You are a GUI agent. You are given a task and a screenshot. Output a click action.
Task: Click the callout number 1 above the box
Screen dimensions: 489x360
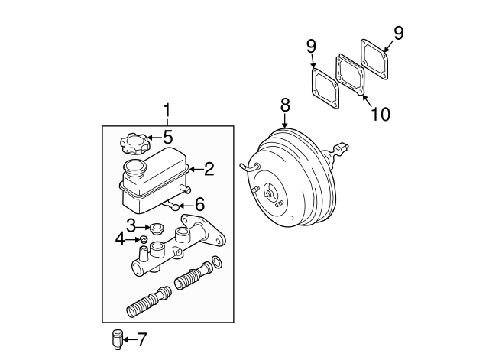coord(167,111)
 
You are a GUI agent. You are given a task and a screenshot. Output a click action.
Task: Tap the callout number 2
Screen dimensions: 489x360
coord(209,169)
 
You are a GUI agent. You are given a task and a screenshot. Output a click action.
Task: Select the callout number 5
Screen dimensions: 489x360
coord(167,137)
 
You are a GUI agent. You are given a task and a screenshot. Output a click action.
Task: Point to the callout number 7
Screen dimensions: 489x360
coord(141,339)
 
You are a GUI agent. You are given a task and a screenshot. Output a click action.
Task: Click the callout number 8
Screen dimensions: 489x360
coord(285,105)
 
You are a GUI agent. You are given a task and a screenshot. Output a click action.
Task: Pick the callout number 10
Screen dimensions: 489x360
coord(381,114)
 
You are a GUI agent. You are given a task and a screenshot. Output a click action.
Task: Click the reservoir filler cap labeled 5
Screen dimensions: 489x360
coord(135,144)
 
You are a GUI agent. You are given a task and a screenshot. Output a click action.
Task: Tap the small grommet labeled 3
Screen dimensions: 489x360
coord(157,229)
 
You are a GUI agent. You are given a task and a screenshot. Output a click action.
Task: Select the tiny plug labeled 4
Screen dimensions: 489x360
coord(144,239)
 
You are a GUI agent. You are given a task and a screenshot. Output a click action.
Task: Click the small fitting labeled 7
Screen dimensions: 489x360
coord(117,339)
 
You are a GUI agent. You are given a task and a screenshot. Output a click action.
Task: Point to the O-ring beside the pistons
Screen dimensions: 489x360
coord(217,262)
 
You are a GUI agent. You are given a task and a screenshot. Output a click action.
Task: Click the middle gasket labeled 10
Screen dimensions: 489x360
coord(350,75)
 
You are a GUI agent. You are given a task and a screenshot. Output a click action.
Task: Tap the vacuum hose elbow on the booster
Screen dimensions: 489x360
coord(249,167)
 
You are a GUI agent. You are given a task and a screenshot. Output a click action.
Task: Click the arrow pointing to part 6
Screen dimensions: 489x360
coord(186,206)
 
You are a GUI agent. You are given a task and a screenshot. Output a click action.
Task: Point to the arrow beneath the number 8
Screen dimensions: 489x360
coord(285,121)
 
